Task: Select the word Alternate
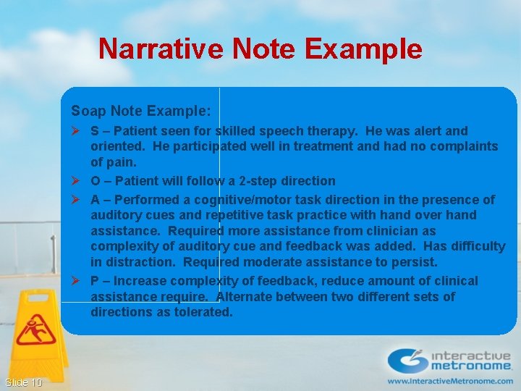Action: click(246, 297)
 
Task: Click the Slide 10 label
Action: click(23, 382)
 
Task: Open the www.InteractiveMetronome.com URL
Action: click(449, 380)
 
